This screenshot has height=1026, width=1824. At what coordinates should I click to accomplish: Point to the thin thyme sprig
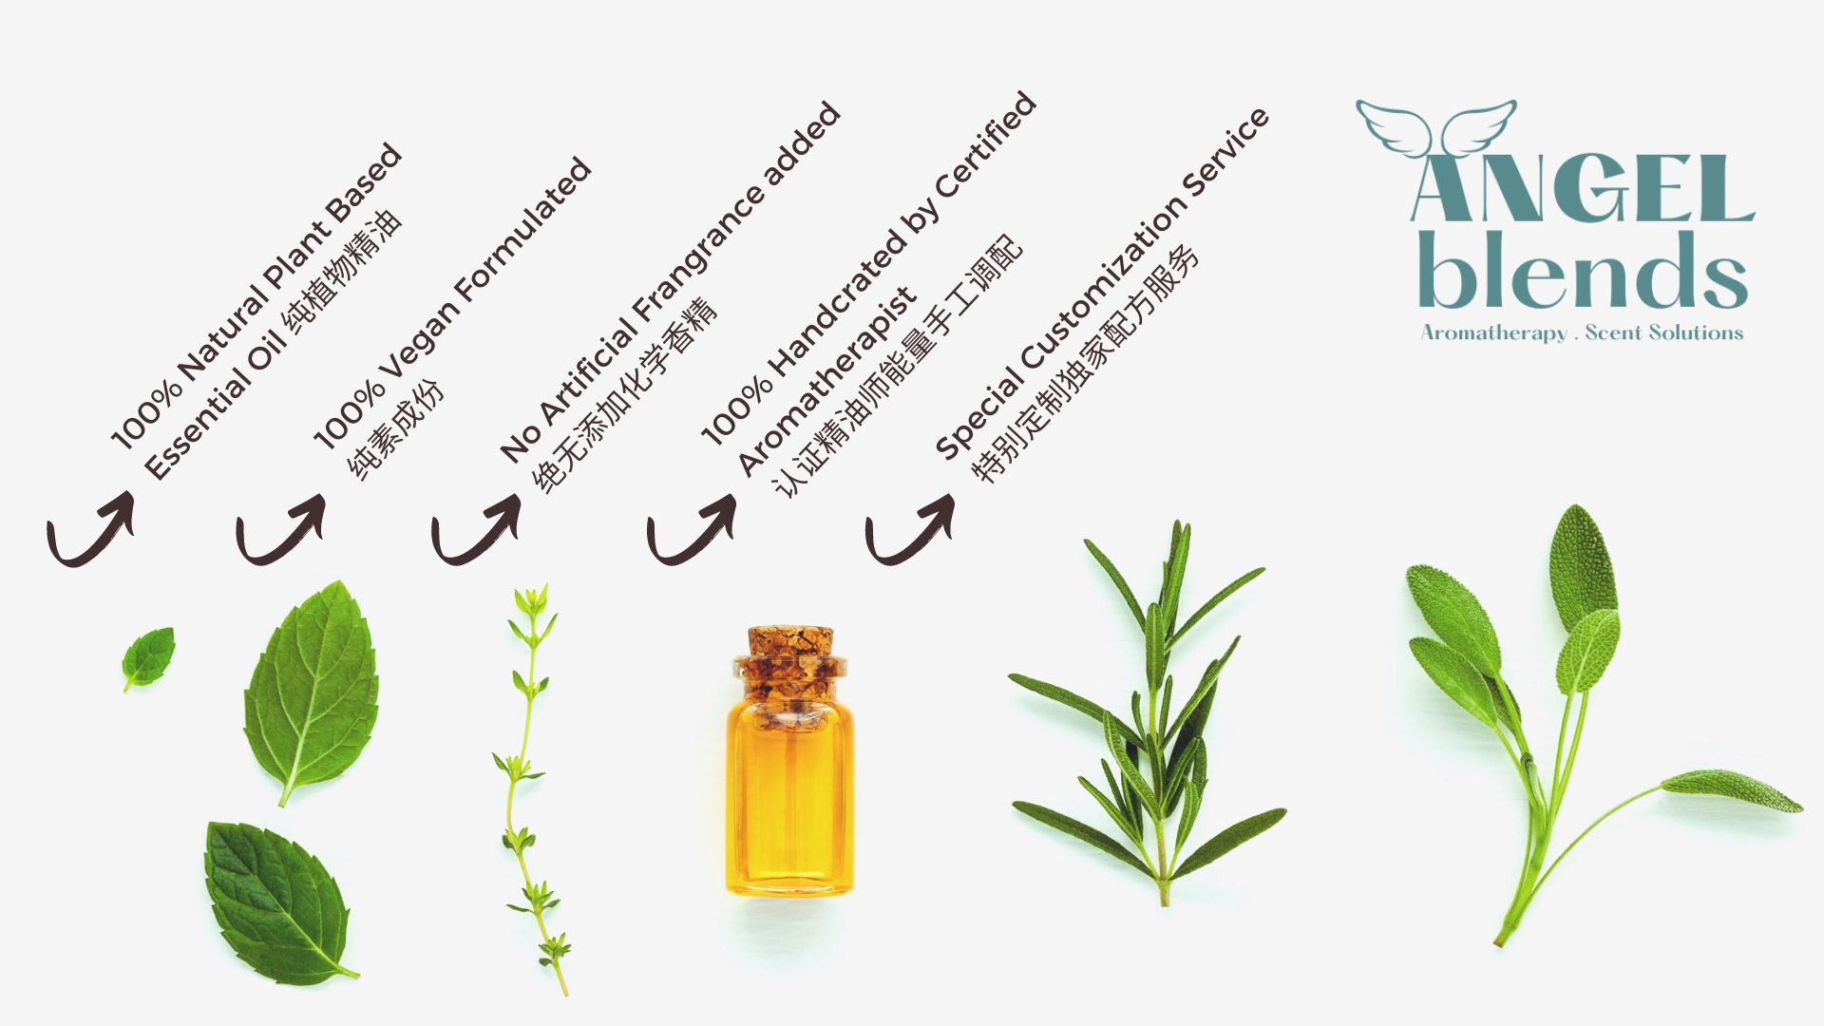tap(533, 788)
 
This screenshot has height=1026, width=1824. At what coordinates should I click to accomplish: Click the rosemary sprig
tap(1149, 712)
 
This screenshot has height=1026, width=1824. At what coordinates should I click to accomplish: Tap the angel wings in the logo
tap(1435, 128)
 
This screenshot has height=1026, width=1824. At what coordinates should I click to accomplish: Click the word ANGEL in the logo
tap(1583, 188)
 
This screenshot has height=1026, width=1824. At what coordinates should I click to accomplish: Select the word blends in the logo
tap(1583, 270)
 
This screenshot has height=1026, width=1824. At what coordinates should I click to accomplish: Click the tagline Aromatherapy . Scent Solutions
tap(1582, 332)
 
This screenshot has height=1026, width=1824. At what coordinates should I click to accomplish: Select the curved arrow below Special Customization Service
tap(910, 528)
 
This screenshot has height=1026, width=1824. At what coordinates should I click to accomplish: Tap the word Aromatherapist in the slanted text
tap(827, 380)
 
